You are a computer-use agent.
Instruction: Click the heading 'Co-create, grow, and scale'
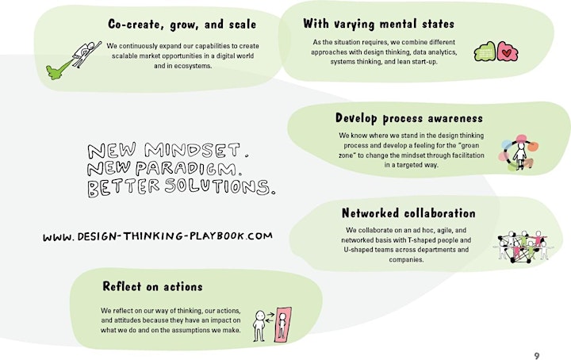[x=182, y=25]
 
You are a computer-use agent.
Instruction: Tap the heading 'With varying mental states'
[x=379, y=24]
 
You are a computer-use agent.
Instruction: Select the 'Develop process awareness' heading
[x=409, y=118]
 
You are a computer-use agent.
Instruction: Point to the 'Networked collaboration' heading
[x=408, y=213]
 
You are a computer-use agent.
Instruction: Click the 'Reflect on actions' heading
[x=152, y=286]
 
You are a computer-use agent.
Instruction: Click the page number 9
[x=537, y=355]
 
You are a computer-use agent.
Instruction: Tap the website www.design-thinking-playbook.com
[x=158, y=236]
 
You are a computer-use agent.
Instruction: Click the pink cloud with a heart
[x=508, y=52]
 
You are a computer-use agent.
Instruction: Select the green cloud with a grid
[x=485, y=52]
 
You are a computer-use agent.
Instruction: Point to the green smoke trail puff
[x=58, y=70]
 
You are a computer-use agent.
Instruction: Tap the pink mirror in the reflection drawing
[x=283, y=325]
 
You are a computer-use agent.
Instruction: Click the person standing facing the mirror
[x=259, y=326]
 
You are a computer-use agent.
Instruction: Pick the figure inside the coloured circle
[x=520, y=155]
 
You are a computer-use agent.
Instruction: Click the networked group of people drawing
[x=523, y=247]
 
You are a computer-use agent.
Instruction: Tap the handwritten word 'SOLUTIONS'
[x=217, y=186]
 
